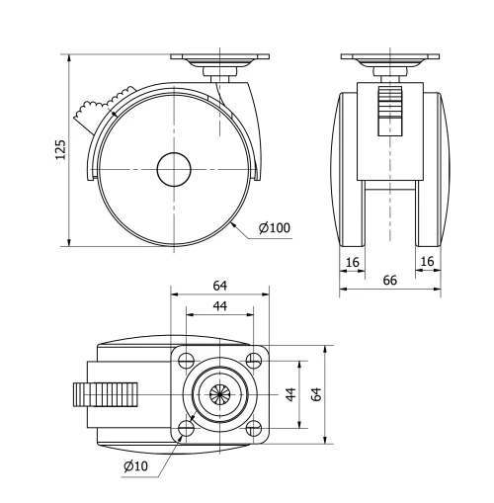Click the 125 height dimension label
click(x=60, y=148)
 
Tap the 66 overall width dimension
click(x=389, y=281)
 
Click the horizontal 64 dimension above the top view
click(x=219, y=286)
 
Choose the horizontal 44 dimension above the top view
click(x=219, y=307)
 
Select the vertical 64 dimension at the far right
click(x=316, y=393)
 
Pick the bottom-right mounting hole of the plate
click(x=253, y=427)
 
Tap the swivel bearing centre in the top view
click(x=219, y=392)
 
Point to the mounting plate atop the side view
click(x=219, y=58)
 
